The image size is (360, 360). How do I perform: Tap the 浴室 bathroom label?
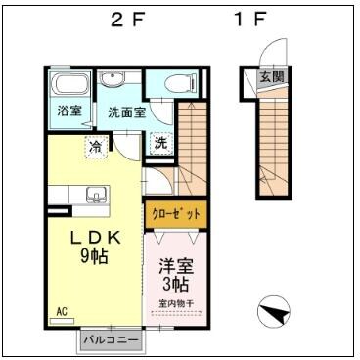tap(68, 111)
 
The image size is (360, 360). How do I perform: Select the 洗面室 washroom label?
tap(126, 112)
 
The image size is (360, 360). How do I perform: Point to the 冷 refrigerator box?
tap(96, 146)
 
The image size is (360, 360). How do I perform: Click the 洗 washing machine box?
tap(159, 144)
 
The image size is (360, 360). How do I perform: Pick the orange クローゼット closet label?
tap(176, 212)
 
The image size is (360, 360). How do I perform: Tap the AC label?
tap(62, 312)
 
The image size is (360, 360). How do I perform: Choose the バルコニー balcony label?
tap(111, 339)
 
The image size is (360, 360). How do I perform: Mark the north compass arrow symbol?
tap(275, 314)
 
